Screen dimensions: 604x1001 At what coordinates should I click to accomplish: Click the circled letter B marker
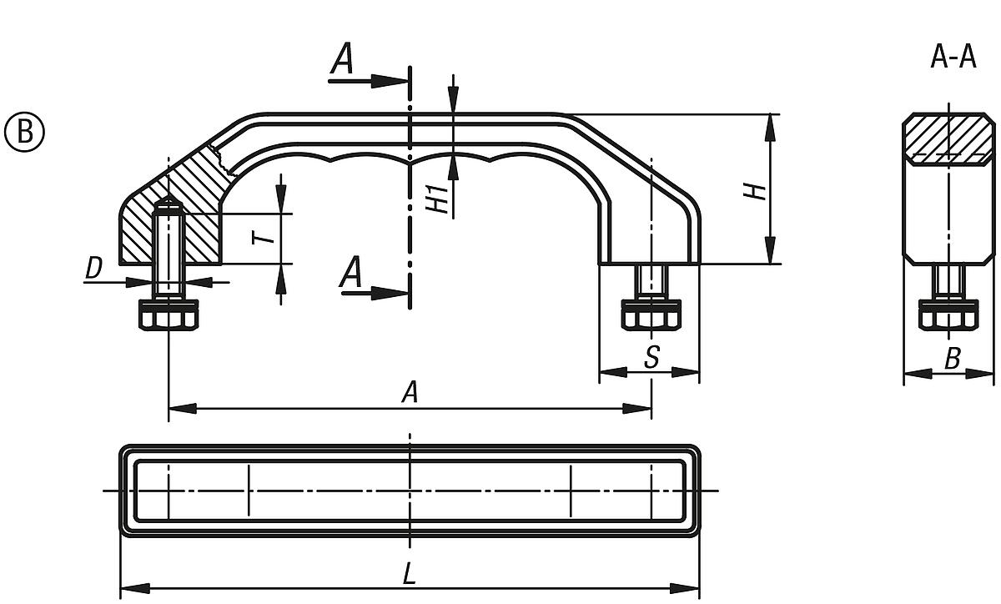pos(24,132)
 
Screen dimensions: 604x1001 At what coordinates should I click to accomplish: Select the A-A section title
pos(953,58)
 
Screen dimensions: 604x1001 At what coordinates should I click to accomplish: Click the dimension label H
pos(756,191)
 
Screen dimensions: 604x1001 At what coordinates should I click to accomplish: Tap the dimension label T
pos(264,237)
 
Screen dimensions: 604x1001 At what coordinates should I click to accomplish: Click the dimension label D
pos(94,269)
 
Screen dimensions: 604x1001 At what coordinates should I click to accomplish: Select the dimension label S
pos(652,357)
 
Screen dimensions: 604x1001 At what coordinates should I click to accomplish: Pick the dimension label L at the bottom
pos(409,574)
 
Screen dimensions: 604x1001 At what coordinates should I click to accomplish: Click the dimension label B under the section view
pos(952,359)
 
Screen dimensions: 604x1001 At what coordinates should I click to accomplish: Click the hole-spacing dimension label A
pos(409,393)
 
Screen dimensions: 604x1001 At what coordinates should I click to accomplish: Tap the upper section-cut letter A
pos(341,61)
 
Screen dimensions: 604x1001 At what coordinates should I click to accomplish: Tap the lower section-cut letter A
pos(351,273)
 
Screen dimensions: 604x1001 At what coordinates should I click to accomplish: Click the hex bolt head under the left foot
pos(169,315)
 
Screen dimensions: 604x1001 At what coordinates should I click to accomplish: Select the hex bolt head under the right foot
pos(651,315)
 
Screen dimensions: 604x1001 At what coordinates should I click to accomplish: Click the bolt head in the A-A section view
pos(948,315)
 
